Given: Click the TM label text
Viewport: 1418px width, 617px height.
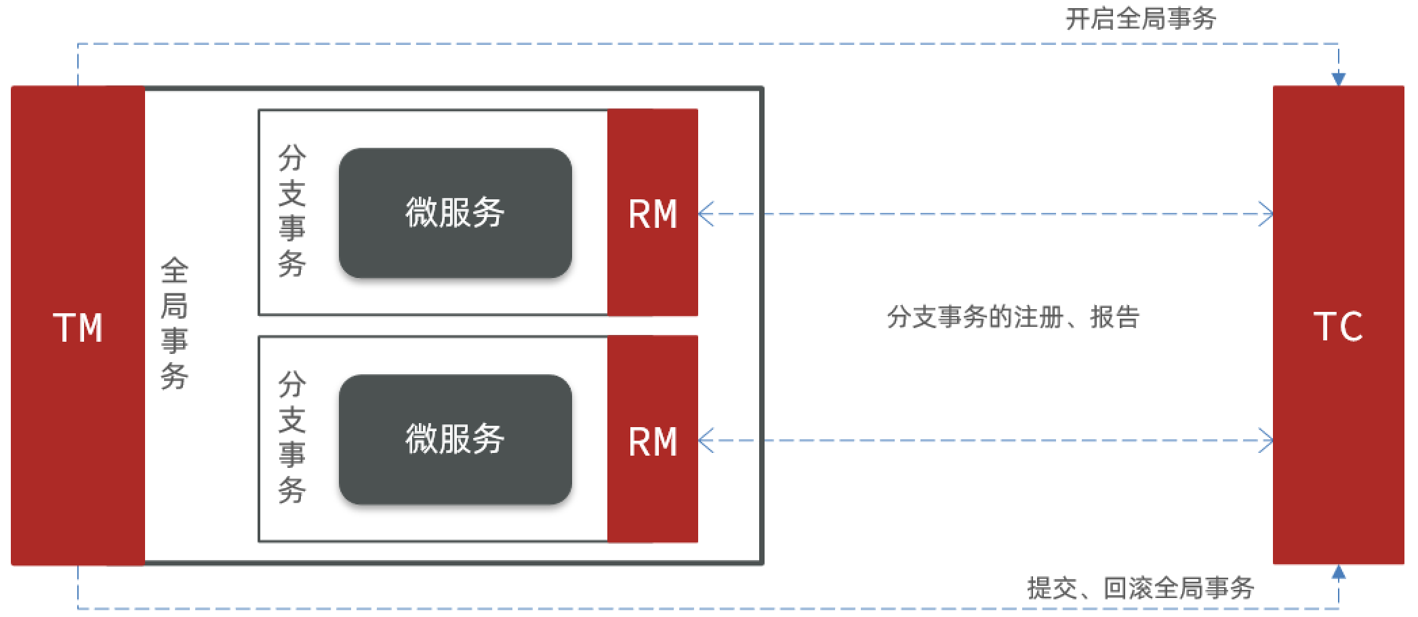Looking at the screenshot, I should [x=78, y=328].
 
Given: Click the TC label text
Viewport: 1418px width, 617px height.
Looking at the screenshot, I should [x=1337, y=327].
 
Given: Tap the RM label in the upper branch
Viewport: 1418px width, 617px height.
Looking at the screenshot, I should [x=653, y=214].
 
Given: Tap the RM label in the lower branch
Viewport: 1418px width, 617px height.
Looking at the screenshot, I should [x=653, y=441].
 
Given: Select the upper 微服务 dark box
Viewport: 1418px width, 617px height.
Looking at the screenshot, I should [x=455, y=213].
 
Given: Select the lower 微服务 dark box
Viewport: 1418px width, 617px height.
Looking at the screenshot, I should [x=455, y=439].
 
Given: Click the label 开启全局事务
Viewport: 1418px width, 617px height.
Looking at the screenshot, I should [x=1141, y=19].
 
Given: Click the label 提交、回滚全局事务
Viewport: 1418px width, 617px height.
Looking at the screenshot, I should [x=1141, y=588].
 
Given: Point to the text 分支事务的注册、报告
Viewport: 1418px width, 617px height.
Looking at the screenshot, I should [x=1013, y=317].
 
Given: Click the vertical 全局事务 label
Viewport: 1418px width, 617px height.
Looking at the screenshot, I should [x=174, y=323].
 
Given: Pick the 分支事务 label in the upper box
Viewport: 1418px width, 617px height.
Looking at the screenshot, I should [x=292, y=211].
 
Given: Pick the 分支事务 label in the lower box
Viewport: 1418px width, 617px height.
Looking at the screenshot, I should [x=292, y=437].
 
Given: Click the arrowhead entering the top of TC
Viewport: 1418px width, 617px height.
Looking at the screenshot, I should [x=1338, y=79].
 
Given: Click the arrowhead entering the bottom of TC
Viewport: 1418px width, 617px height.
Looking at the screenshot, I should [x=1338, y=573].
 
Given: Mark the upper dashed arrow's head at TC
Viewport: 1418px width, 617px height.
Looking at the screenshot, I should [x=1266, y=214].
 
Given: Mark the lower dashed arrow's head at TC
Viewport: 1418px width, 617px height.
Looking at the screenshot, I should [x=1266, y=441].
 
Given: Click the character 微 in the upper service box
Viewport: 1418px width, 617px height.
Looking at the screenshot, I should [x=421, y=213].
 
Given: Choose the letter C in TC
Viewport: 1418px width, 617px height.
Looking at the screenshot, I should [x=1352, y=327].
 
